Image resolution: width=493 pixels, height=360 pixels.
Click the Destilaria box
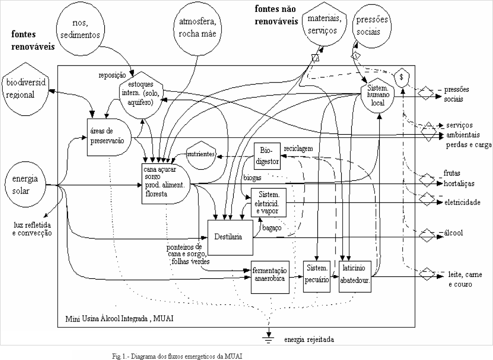230,237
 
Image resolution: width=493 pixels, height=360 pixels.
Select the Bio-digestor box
266,156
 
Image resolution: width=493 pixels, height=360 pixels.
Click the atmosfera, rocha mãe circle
197,29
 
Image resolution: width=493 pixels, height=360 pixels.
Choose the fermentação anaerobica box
270,275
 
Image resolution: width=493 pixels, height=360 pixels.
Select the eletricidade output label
462,202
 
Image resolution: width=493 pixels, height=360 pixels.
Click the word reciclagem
298,148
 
